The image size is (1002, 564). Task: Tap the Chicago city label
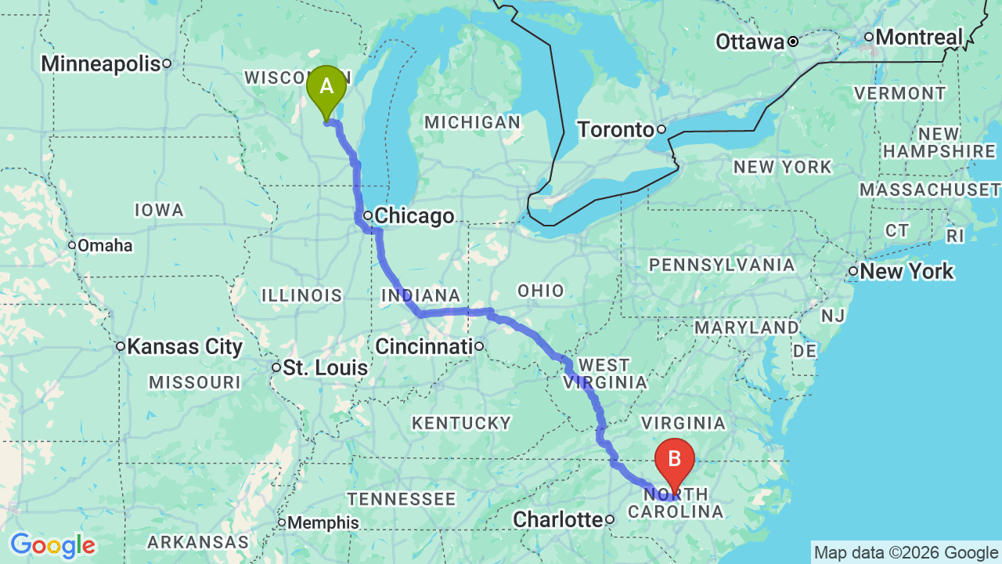tap(414, 215)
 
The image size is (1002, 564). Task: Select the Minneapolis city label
tap(101, 64)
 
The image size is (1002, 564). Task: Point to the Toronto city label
tap(615, 129)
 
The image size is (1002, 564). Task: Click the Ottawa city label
tap(750, 42)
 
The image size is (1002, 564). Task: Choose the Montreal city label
tap(919, 37)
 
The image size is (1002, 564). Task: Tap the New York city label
tap(906, 272)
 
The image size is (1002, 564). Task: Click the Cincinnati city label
tap(424, 345)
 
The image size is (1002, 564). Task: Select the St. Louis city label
tap(325, 367)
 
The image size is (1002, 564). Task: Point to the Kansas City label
tap(185, 346)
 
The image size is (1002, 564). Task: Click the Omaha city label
tap(105, 246)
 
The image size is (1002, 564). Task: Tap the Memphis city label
tap(323, 522)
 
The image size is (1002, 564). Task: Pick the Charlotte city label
tap(557, 519)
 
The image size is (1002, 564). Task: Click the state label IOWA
tap(159, 210)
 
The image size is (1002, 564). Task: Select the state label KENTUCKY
tap(461, 423)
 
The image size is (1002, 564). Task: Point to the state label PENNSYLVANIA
tap(722, 265)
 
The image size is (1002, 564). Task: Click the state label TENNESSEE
tap(402, 499)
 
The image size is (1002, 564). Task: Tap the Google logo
tap(52, 545)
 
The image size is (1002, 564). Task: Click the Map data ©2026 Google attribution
tap(906, 553)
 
